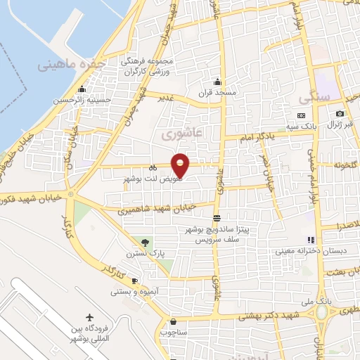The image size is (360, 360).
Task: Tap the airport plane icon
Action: click(x=89, y=317)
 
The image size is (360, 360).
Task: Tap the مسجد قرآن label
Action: click(x=218, y=92)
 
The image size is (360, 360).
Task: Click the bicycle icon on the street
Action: click(x=153, y=167)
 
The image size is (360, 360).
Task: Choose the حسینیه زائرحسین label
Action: click(x=82, y=101)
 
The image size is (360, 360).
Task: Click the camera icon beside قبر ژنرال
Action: click(x=340, y=114)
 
